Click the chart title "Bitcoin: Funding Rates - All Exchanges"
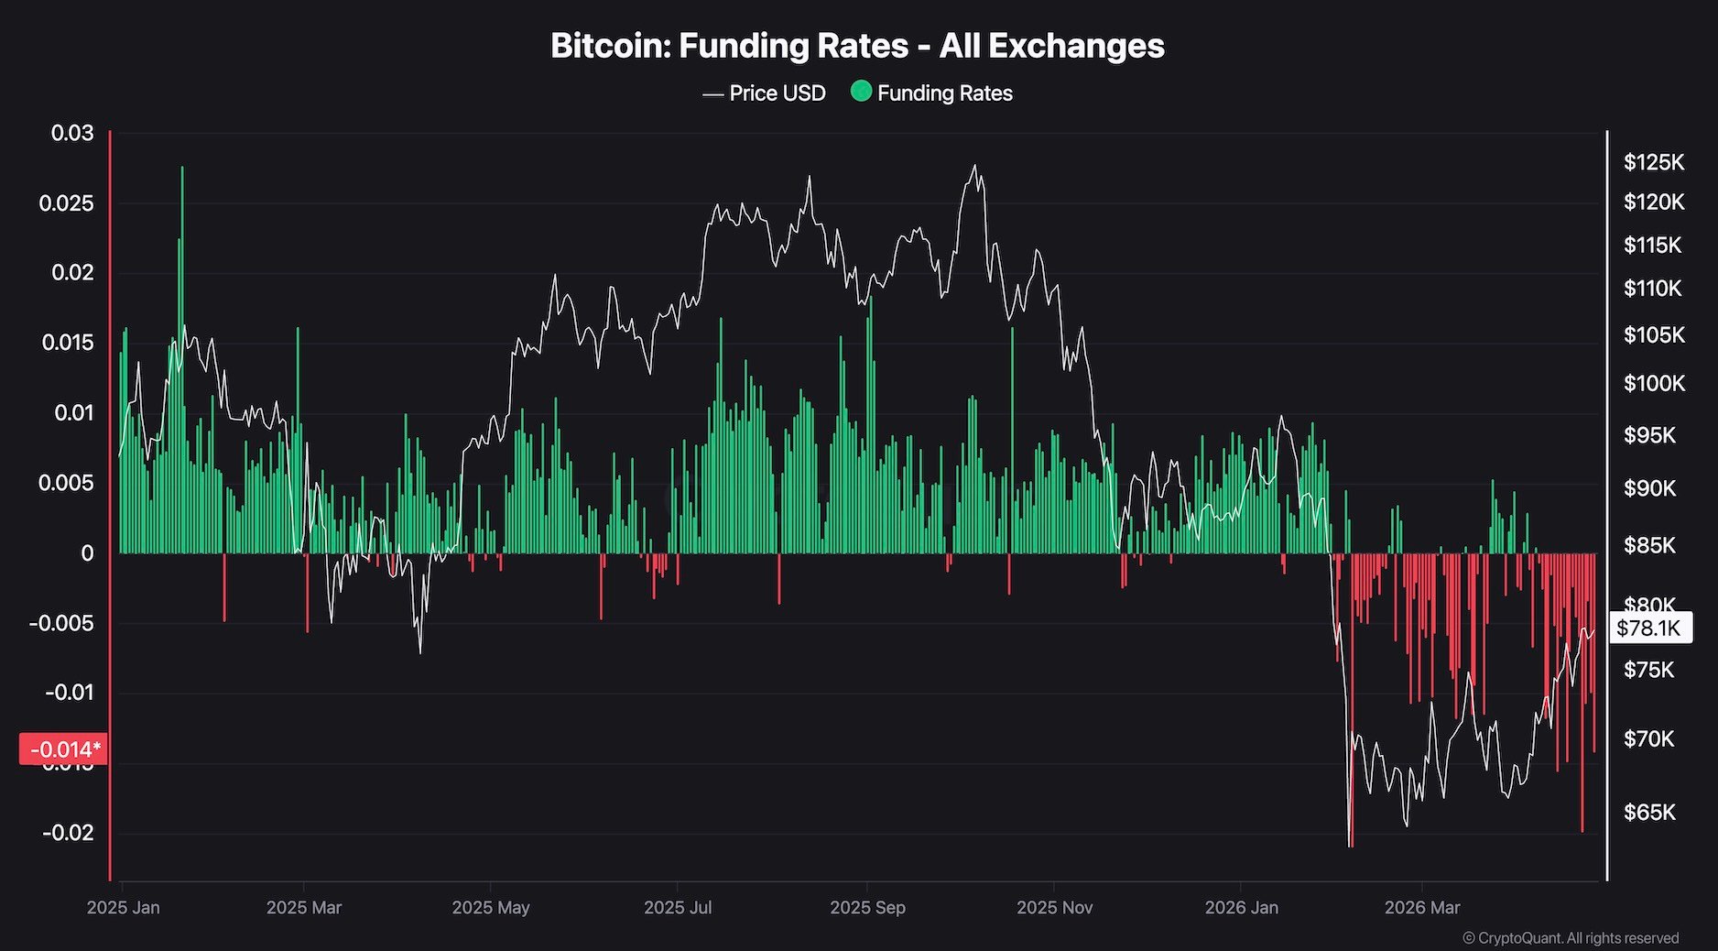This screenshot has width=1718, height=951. click(857, 46)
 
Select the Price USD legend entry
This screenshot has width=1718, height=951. click(765, 93)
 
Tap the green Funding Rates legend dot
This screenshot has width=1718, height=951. click(861, 92)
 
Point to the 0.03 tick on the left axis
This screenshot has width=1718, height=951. click(72, 133)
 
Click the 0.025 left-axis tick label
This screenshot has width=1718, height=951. click(66, 203)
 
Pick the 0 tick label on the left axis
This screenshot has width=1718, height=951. click(87, 553)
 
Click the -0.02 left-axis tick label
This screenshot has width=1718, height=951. click(68, 833)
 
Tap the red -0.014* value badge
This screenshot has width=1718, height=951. click(62, 749)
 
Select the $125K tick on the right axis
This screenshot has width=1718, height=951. click(1653, 162)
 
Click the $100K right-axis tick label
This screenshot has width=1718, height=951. click(1653, 383)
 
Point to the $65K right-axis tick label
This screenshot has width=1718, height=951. click(1649, 813)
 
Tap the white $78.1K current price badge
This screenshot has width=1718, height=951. click(1649, 628)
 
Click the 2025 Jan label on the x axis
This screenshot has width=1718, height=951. click(123, 908)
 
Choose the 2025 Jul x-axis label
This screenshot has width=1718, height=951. click(678, 908)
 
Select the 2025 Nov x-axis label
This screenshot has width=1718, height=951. click(1054, 908)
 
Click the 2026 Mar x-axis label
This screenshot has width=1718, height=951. click(1422, 908)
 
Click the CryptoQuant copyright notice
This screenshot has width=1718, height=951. click(1571, 938)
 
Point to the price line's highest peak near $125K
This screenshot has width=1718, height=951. click(974, 166)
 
